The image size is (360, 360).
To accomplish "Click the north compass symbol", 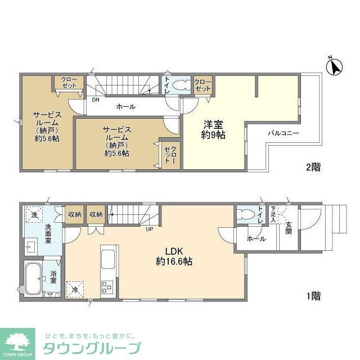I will (x=335, y=66).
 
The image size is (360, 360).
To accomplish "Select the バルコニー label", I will (x=283, y=133).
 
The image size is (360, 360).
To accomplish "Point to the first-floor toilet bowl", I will (x=246, y=215).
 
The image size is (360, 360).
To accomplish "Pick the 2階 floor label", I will (x=313, y=166).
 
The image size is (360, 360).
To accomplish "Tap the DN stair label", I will (x=96, y=100).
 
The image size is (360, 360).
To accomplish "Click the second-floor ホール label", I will (x=125, y=106).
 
